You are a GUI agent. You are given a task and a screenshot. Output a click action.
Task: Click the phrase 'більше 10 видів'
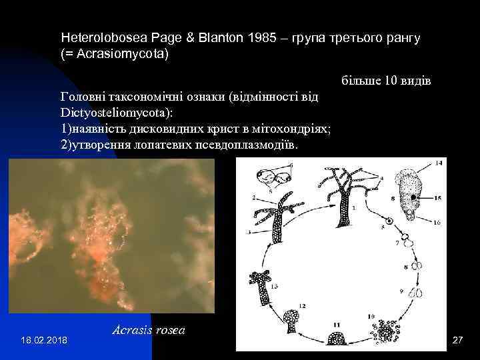pyautogui.click(x=386, y=81)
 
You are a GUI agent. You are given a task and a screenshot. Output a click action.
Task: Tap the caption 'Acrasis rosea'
pyautogui.click(x=148, y=329)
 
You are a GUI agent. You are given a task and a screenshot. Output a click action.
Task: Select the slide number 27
pyautogui.click(x=457, y=340)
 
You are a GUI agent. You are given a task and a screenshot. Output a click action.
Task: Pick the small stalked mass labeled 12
pyautogui.click(x=291, y=321)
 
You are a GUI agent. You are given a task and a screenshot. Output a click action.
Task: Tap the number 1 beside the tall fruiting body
pyautogui.click(x=354, y=208)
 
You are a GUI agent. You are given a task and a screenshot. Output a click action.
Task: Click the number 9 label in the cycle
pyautogui.click(x=402, y=291)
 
